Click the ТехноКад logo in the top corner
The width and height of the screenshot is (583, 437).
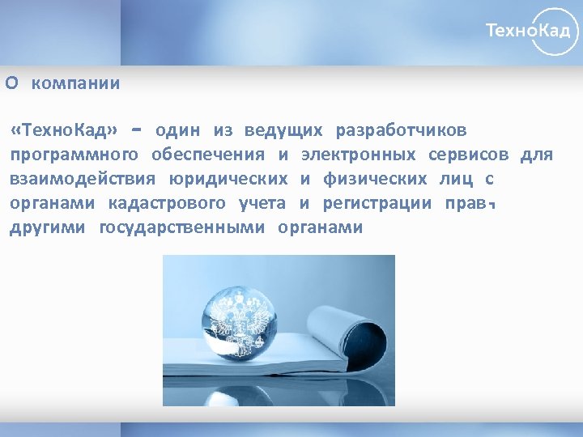pyautogui.click(x=532, y=31)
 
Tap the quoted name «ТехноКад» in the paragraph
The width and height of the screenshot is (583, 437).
pyautogui.click(x=65, y=131)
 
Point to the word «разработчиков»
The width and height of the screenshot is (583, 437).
pyautogui.click(x=401, y=131)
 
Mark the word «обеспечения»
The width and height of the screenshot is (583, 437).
pyautogui.click(x=208, y=155)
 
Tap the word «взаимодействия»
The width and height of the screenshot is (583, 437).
pyautogui.click(x=83, y=179)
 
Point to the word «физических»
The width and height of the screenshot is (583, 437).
pyautogui.click(x=376, y=179)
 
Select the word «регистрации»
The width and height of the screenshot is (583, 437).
pyautogui.click(x=377, y=203)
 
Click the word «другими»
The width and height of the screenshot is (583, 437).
pyautogui.click(x=48, y=227)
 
